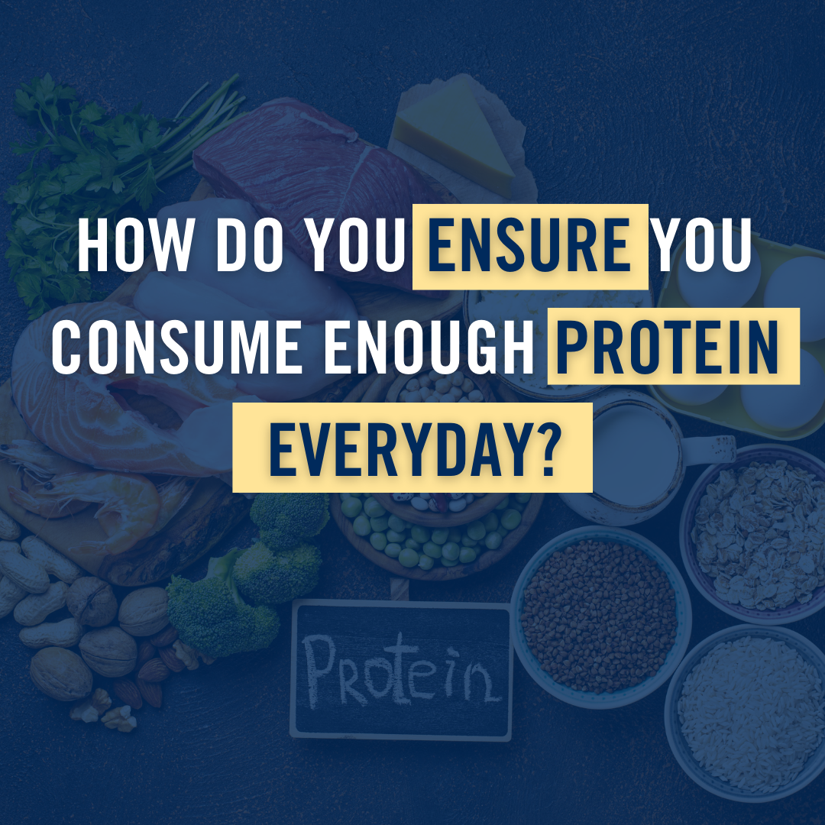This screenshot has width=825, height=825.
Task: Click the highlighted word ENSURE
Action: click(529, 246)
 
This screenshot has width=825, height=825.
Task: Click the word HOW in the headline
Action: click(135, 246)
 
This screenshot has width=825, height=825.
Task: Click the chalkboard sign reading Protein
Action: click(401, 671)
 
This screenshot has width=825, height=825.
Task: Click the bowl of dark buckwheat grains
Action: click(600, 616)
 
